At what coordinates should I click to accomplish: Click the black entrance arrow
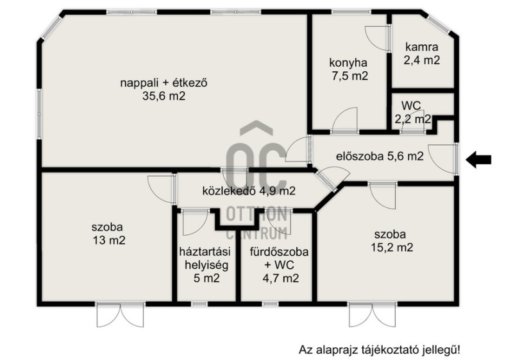(x=478, y=160)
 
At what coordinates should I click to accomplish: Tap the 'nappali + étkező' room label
(x=164, y=83)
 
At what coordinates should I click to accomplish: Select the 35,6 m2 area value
(x=164, y=96)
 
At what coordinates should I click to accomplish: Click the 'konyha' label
(x=348, y=62)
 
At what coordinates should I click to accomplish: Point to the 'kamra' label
(x=421, y=47)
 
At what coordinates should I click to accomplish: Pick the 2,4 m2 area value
(x=421, y=60)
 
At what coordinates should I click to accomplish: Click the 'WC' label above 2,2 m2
(x=411, y=106)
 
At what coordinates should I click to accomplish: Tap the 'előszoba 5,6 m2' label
(x=380, y=157)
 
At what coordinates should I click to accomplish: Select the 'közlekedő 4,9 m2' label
(x=249, y=191)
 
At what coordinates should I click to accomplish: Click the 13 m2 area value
(x=109, y=241)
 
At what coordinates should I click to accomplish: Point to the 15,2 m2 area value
(x=392, y=248)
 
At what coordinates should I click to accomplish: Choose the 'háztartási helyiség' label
(x=205, y=258)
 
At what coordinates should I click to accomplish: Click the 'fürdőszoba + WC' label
(x=279, y=258)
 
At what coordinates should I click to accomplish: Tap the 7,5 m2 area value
(x=349, y=76)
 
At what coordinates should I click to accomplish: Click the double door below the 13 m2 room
(x=121, y=315)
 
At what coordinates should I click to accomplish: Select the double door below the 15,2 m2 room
(x=373, y=315)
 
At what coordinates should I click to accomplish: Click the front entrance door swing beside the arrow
(x=442, y=159)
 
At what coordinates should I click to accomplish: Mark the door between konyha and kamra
(x=377, y=39)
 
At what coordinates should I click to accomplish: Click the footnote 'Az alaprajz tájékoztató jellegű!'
(x=379, y=350)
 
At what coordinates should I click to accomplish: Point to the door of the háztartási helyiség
(x=196, y=222)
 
